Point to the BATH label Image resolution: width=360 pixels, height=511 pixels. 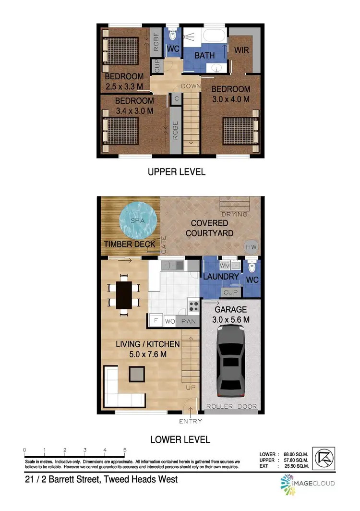(x=204, y=56)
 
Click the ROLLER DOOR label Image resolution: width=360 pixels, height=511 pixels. (x=232, y=406)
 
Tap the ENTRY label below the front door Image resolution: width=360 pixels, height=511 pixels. (x=190, y=421)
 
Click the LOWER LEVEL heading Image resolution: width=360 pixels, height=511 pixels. (x=180, y=439)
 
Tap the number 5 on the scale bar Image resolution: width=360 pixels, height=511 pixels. (x=125, y=450)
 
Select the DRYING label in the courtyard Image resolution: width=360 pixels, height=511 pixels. (x=235, y=214)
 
